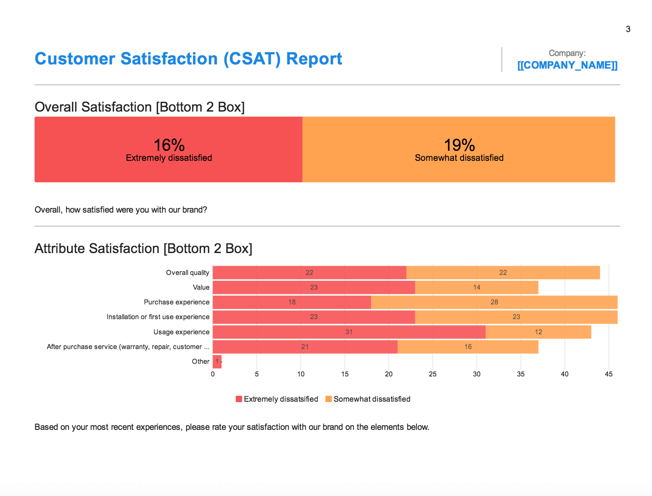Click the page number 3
[x=628, y=29]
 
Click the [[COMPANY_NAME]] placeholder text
[x=567, y=65]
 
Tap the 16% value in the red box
[x=169, y=145]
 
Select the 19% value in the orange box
[x=459, y=145]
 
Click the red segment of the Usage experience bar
[x=349, y=332]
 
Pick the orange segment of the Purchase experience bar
[x=494, y=302]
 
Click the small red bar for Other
[x=217, y=361]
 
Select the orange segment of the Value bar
[x=476, y=288]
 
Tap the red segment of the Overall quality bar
[x=309, y=272]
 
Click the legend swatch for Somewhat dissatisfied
[x=329, y=399]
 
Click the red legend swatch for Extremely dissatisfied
[x=239, y=399]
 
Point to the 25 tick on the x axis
[x=433, y=374]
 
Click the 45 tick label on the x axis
[x=609, y=374]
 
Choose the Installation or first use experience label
[x=158, y=317]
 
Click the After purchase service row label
[x=128, y=347]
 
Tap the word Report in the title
[x=314, y=59]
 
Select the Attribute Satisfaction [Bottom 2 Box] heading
[x=143, y=248]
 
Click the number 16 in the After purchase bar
[x=468, y=347]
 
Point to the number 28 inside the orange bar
[x=494, y=302]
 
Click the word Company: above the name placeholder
[x=567, y=53]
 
